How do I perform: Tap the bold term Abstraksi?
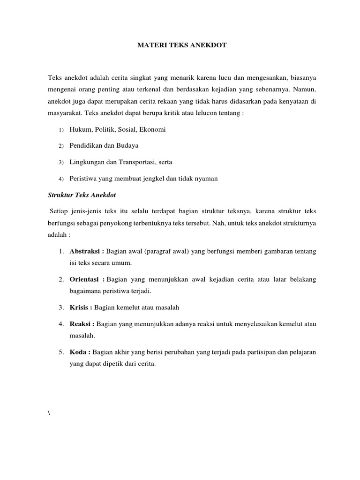pyautogui.click(x=84, y=251)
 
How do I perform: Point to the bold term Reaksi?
pyautogui.click(x=81, y=324)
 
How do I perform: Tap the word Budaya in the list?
pyautogui.click(x=127, y=145)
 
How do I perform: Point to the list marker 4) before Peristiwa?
pyautogui.click(x=61, y=179)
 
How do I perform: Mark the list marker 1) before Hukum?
pyautogui.click(x=61, y=129)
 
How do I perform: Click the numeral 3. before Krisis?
pyautogui.click(x=61, y=307)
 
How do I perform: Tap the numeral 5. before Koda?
pyautogui.click(x=61, y=352)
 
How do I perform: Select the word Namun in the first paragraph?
pyautogui.click(x=305, y=88)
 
